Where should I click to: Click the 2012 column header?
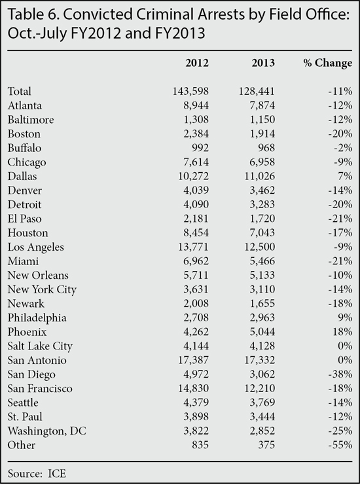coord(197,63)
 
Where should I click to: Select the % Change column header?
coord(327,63)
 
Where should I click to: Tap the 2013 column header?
coord(263,63)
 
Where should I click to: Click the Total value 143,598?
coord(190,91)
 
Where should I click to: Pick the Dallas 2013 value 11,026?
coord(259,176)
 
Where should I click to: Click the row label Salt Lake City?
coord(40,346)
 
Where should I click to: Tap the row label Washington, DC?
coord(47,431)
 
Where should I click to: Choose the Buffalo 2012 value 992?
coord(200,148)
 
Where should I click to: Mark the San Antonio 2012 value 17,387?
coord(193,360)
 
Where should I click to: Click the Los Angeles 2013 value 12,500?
coord(259,247)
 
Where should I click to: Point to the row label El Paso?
coord(24,219)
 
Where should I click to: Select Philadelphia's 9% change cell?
coord(346,317)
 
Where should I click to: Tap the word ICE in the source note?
coord(57,474)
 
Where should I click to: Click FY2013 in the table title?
coord(180,33)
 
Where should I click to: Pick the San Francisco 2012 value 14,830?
coord(193,389)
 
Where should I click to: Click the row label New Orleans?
coord(38,276)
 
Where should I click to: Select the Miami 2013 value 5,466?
coord(262,261)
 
